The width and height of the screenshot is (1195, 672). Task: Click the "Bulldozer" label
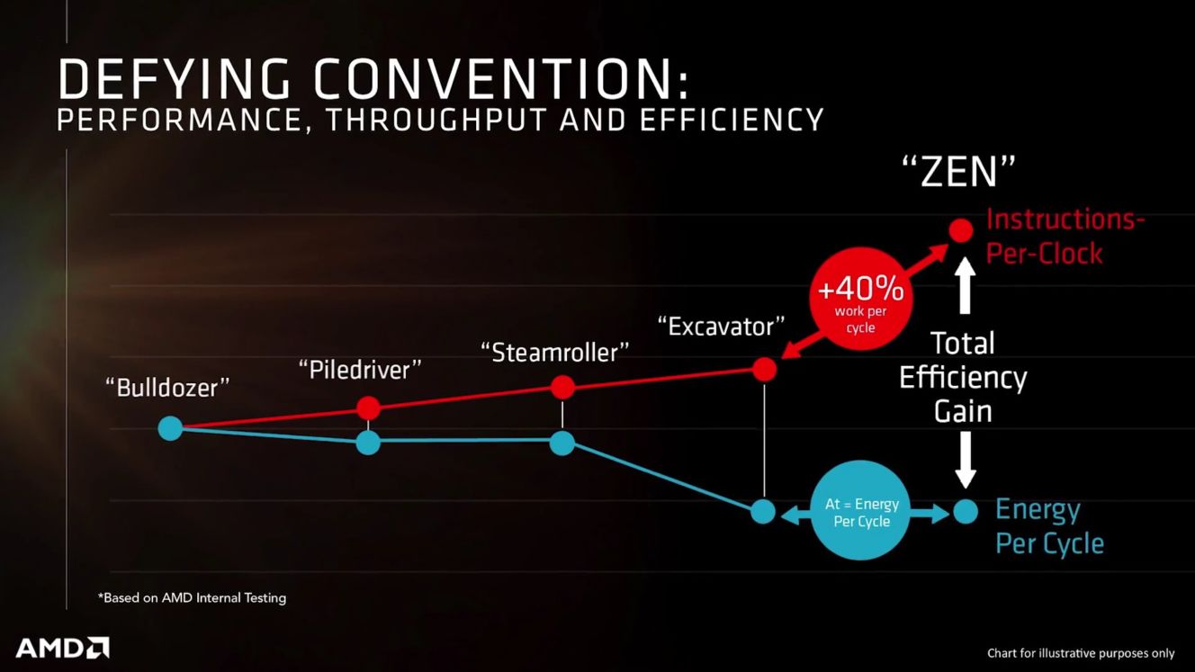point(167,388)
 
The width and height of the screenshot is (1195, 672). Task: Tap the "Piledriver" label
point(360,370)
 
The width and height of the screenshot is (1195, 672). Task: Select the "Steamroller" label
point(555,353)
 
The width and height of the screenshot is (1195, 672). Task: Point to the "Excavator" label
point(722,327)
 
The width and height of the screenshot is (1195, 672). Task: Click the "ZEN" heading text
point(958,172)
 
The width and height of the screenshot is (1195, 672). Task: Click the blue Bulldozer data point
point(171,428)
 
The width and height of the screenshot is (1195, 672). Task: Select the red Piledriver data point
point(368,408)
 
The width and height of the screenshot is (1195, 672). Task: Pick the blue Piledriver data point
point(368,442)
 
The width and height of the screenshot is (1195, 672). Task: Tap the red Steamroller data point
point(562,387)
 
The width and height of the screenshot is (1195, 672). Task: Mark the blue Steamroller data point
point(562,443)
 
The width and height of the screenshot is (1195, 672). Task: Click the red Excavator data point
point(765,369)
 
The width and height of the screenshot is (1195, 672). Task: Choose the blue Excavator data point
point(763,512)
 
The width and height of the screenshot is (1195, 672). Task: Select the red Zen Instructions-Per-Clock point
point(961,230)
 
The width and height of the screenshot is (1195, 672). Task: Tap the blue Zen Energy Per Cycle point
point(965,512)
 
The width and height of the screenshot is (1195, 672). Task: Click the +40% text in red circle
point(860,290)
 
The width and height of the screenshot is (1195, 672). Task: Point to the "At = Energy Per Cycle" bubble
point(861,510)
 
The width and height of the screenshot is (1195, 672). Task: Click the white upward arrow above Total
point(965,285)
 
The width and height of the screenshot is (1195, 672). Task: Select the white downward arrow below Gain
point(965,460)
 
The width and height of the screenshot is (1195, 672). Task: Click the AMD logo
point(62,648)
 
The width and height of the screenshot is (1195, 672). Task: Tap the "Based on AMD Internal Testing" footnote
point(192,598)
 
